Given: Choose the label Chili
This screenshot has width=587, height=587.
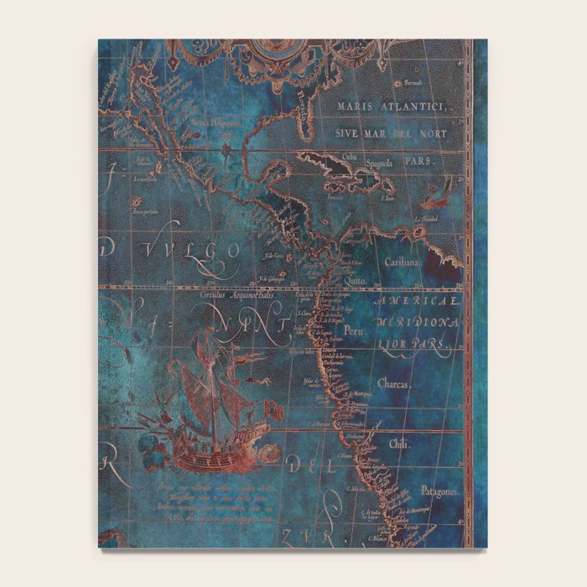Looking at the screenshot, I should click(x=398, y=444).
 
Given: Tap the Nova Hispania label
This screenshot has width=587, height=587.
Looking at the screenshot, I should click(x=210, y=123).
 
